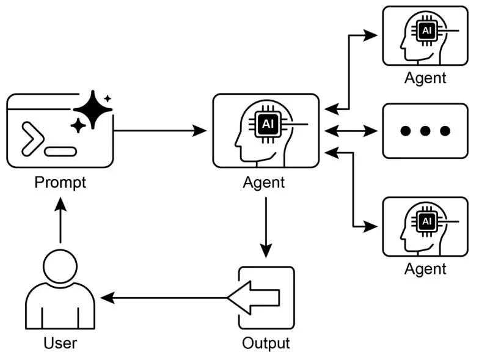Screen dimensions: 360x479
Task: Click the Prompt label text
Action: (x=60, y=182)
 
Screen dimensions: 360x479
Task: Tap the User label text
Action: (x=60, y=343)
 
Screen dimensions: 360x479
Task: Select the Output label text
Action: (x=266, y=343)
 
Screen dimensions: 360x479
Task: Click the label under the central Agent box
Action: (x=264, y=182)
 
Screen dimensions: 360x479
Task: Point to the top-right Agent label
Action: (x=425, y=78)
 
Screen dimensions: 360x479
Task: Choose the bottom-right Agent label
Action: (x=425, y=268)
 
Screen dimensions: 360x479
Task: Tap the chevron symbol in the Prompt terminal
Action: (x=32, y=138)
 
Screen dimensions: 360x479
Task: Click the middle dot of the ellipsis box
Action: (x=425, y=131)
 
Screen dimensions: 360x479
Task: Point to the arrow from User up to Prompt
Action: (x=60, y=222)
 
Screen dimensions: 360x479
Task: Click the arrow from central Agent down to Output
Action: (x=266, y=227)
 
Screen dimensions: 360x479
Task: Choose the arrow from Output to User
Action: (x=165, y=298)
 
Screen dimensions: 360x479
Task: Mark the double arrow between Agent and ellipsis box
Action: (x=349, y=130)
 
